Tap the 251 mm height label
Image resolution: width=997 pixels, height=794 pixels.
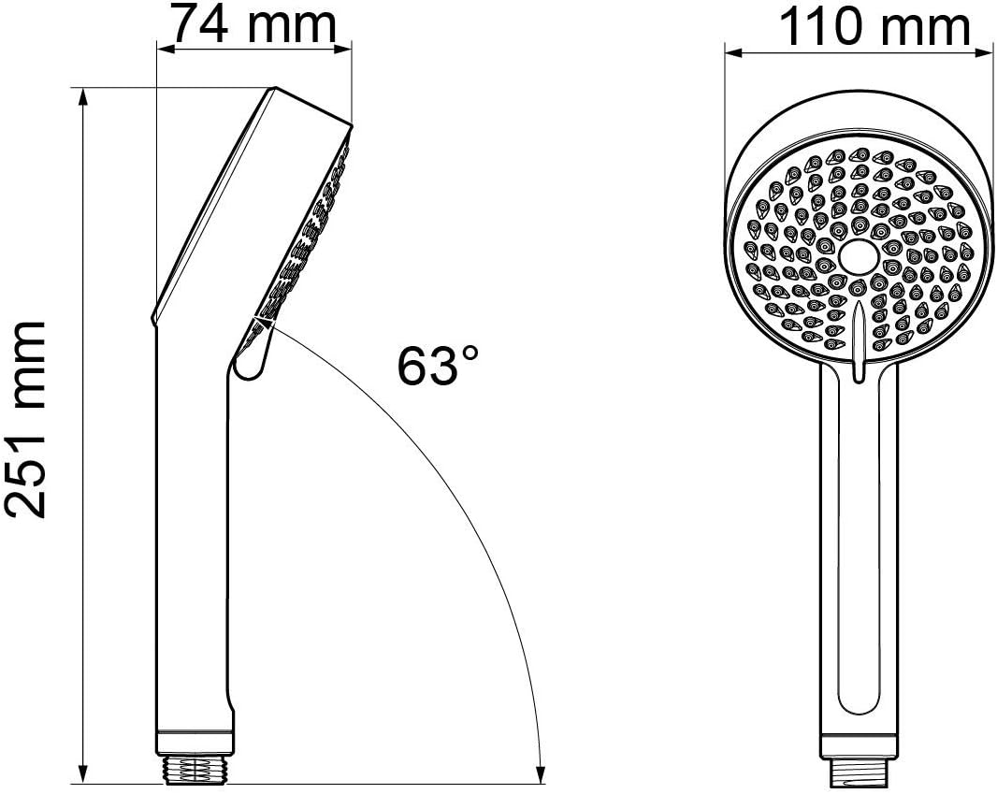[x=26, y=418]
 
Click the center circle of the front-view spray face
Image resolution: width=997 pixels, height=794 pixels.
[x=857, y=256]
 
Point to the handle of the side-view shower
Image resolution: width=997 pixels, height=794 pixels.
[x=191, y=542]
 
